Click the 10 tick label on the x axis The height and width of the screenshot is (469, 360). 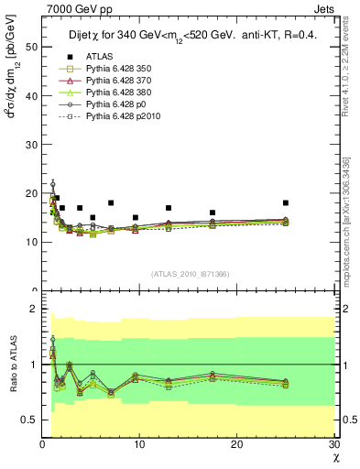139,446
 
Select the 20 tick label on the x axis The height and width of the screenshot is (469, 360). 237,446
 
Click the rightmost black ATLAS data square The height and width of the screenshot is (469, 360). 286,202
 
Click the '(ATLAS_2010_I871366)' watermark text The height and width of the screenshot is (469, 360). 190,275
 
